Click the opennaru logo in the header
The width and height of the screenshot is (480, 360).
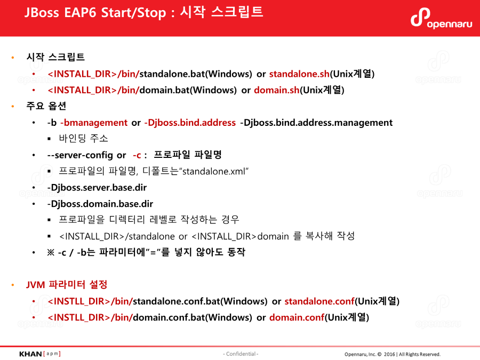pyautogui.click(x=441, y=19)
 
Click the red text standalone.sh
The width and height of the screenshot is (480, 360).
pyautogui.click(x=299, y=74)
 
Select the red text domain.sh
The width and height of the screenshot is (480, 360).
pyautogui.click(x=276, y=90)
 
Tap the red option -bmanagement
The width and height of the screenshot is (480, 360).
pyautogui.click(x=94, y=123)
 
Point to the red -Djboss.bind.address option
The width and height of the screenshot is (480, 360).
pyautogui.click(x=190, y=123)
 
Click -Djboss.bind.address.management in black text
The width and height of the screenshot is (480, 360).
pyautogui.click(x=316, y=123)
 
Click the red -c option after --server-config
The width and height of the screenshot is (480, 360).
pyautogui.click(x=137, y=155)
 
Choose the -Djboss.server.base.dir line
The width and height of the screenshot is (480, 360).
pyautogui.click(x=97, y=188)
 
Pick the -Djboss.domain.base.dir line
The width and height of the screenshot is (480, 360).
pyautogui.click(x=100, y=204)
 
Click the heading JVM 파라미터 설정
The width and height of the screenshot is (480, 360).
pyautogui.click(x=67, y=285)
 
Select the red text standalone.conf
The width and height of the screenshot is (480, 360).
pyautogui.click(x=319, y=301)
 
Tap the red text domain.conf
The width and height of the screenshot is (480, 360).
pyautogui.click(x=297, y=317)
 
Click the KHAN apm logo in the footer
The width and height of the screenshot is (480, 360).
pyautogui.click(x=40, y=354)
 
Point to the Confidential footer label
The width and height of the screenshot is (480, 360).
pyautogui.click(x=241, y=354)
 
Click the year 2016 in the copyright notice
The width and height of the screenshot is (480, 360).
pyautogui.click(x=389, y=354)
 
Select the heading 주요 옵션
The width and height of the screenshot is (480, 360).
pyautogui.click(x=46, y=106)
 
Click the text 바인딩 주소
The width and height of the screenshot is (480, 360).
pyautogui.click(x=83, y=138)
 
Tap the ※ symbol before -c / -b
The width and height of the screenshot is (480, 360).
pyautogui.click(x=51, y=253)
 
